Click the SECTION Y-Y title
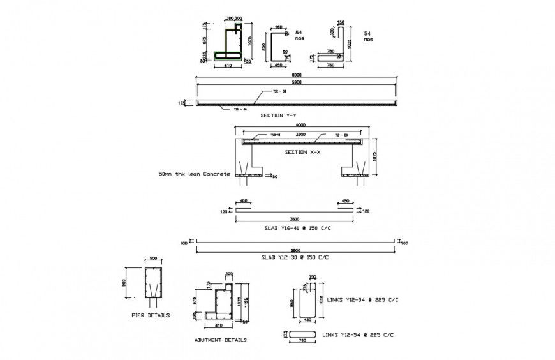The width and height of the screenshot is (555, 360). click(x=278, y=116)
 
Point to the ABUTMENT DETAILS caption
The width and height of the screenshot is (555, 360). click(x=220, y=340)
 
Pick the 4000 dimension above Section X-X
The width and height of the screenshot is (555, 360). click(x=300, y=125)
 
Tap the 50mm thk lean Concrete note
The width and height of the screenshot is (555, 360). click(x=195, y=174)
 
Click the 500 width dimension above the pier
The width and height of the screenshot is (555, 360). click(x=153, y=259)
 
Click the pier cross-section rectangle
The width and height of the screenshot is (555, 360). click(x=153, y=283)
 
